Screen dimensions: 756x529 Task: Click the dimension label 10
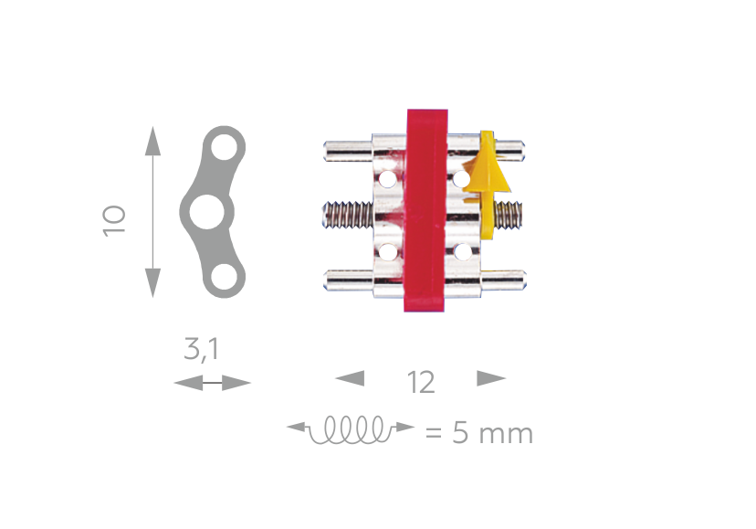click(x=114, y=220)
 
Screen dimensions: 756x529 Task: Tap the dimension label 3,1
click(x=202, y=348)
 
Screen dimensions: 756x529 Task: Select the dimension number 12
click(x=422, y=382)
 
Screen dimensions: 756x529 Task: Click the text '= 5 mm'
click(x=479, y=432)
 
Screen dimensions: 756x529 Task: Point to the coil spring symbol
click(x=351, y=428)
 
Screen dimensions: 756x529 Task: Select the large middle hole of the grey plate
click(x=207, y=212)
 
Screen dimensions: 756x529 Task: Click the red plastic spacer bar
click(x=425, y=210)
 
